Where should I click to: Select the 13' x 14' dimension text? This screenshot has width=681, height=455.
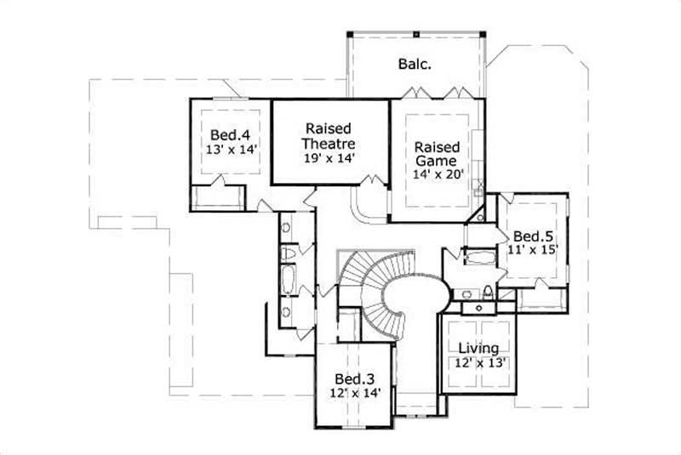(231, 149)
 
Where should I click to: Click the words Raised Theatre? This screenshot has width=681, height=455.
(330, 135)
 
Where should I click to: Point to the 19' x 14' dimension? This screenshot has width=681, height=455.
(330, 157)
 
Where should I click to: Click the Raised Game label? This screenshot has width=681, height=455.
(437, 153)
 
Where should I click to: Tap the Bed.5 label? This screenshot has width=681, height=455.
(534, 236)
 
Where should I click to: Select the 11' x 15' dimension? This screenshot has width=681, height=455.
(534, 250)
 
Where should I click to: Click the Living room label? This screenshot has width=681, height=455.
(478, 348)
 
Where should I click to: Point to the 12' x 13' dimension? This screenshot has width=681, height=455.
(478, 363)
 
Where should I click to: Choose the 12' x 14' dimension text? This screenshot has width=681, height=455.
(353, 393)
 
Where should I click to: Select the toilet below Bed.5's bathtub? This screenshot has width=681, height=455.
(486, 293)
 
